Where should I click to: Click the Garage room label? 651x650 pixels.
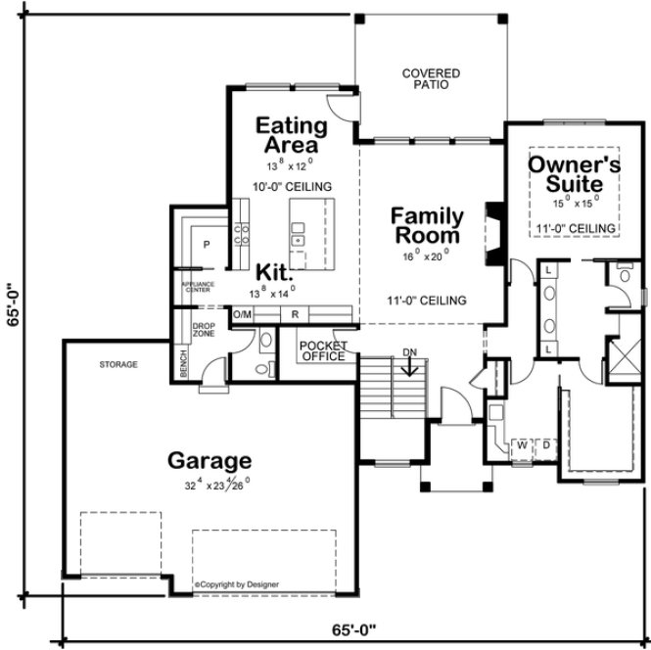pos(209,460)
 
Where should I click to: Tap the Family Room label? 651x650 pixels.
pos(427,225)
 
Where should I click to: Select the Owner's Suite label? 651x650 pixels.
pos(574,174)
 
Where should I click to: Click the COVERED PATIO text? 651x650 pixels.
pos(431,79)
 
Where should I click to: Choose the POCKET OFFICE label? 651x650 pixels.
pos(322,351)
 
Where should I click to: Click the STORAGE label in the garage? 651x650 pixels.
pos(117,364)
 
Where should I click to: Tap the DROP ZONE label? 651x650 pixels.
pos(203,330)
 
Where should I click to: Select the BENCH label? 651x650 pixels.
pos(183,363)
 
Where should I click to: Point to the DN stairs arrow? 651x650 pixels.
pos(411,366)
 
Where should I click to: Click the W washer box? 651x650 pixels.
pos(523,445)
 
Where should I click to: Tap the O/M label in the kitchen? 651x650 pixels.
pos(243,315)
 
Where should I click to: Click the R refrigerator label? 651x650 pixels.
pos(294,315)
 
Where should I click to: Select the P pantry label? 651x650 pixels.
pos(208,243)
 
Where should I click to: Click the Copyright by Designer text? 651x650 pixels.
pos(236,584)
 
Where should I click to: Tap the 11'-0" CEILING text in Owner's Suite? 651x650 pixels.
pos(577,228)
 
